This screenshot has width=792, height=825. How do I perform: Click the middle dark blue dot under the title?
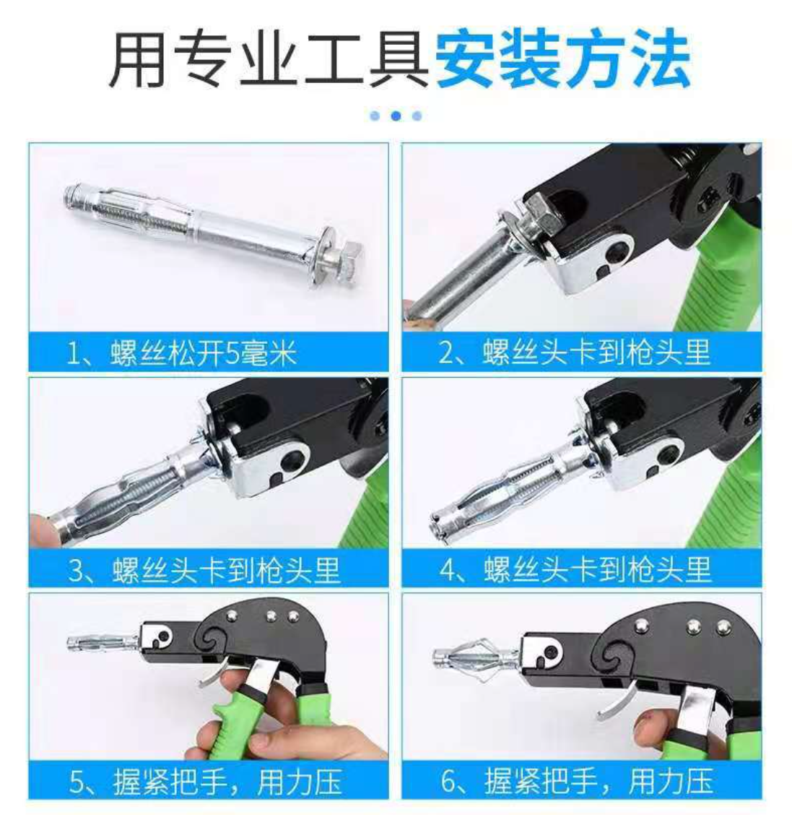pyautogui.click(x=396, y=116)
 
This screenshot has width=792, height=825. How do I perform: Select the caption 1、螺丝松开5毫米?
pyautogui.click(x=182, y=353)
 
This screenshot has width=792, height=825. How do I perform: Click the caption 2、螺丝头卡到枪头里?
pyautogui.click(x=574, y=353)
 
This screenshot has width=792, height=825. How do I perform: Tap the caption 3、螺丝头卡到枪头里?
pyautogui.click(x=204, y=570)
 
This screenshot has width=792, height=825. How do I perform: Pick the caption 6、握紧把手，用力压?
pyautogui.click(x=577, y=782)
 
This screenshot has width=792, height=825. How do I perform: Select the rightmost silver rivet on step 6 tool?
pyautogui.click(x=724, y=626)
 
